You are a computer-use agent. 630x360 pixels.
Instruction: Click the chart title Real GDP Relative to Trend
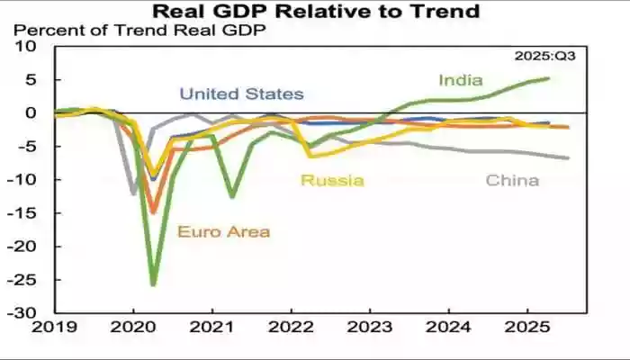[x=315, y=12]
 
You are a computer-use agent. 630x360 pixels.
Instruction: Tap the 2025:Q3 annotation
[x=544, y=56]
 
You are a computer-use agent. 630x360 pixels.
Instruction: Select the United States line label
[x=241, y=94]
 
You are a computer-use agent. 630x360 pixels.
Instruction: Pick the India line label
[x=460, y=80]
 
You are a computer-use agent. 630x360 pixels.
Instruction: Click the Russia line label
[x=332, y=181]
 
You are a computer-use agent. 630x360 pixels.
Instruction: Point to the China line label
[x=512, y=181]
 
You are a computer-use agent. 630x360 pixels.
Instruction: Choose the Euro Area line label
[x=223, y=232]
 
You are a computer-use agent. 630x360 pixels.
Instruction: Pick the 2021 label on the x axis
[x=211, y=329]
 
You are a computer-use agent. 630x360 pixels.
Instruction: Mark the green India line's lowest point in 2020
[x=153, y=284]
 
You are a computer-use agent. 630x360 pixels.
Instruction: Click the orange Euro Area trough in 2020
[x=153, y=212]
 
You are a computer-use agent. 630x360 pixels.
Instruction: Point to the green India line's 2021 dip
[x=232, y=196]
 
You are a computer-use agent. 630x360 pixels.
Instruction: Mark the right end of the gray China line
[x=568, y=158]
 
